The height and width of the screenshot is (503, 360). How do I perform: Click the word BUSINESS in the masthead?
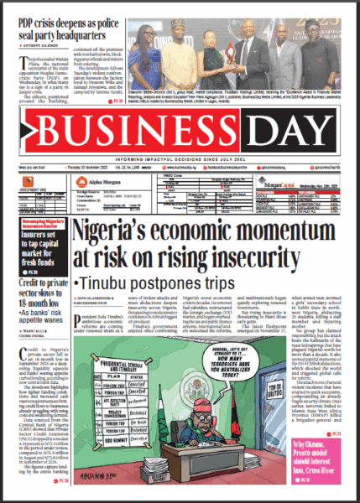coord(134,132)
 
